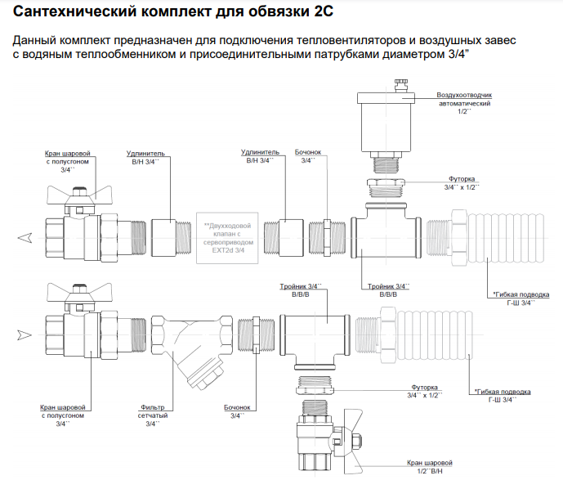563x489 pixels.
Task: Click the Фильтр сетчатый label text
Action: [153, 412]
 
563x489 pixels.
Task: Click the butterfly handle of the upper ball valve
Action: [77, 195]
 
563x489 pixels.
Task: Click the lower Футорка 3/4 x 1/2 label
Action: [424, 391]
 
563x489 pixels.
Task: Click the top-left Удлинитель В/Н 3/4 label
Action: [146, 157]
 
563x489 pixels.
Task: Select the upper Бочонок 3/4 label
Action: [308, 157]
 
